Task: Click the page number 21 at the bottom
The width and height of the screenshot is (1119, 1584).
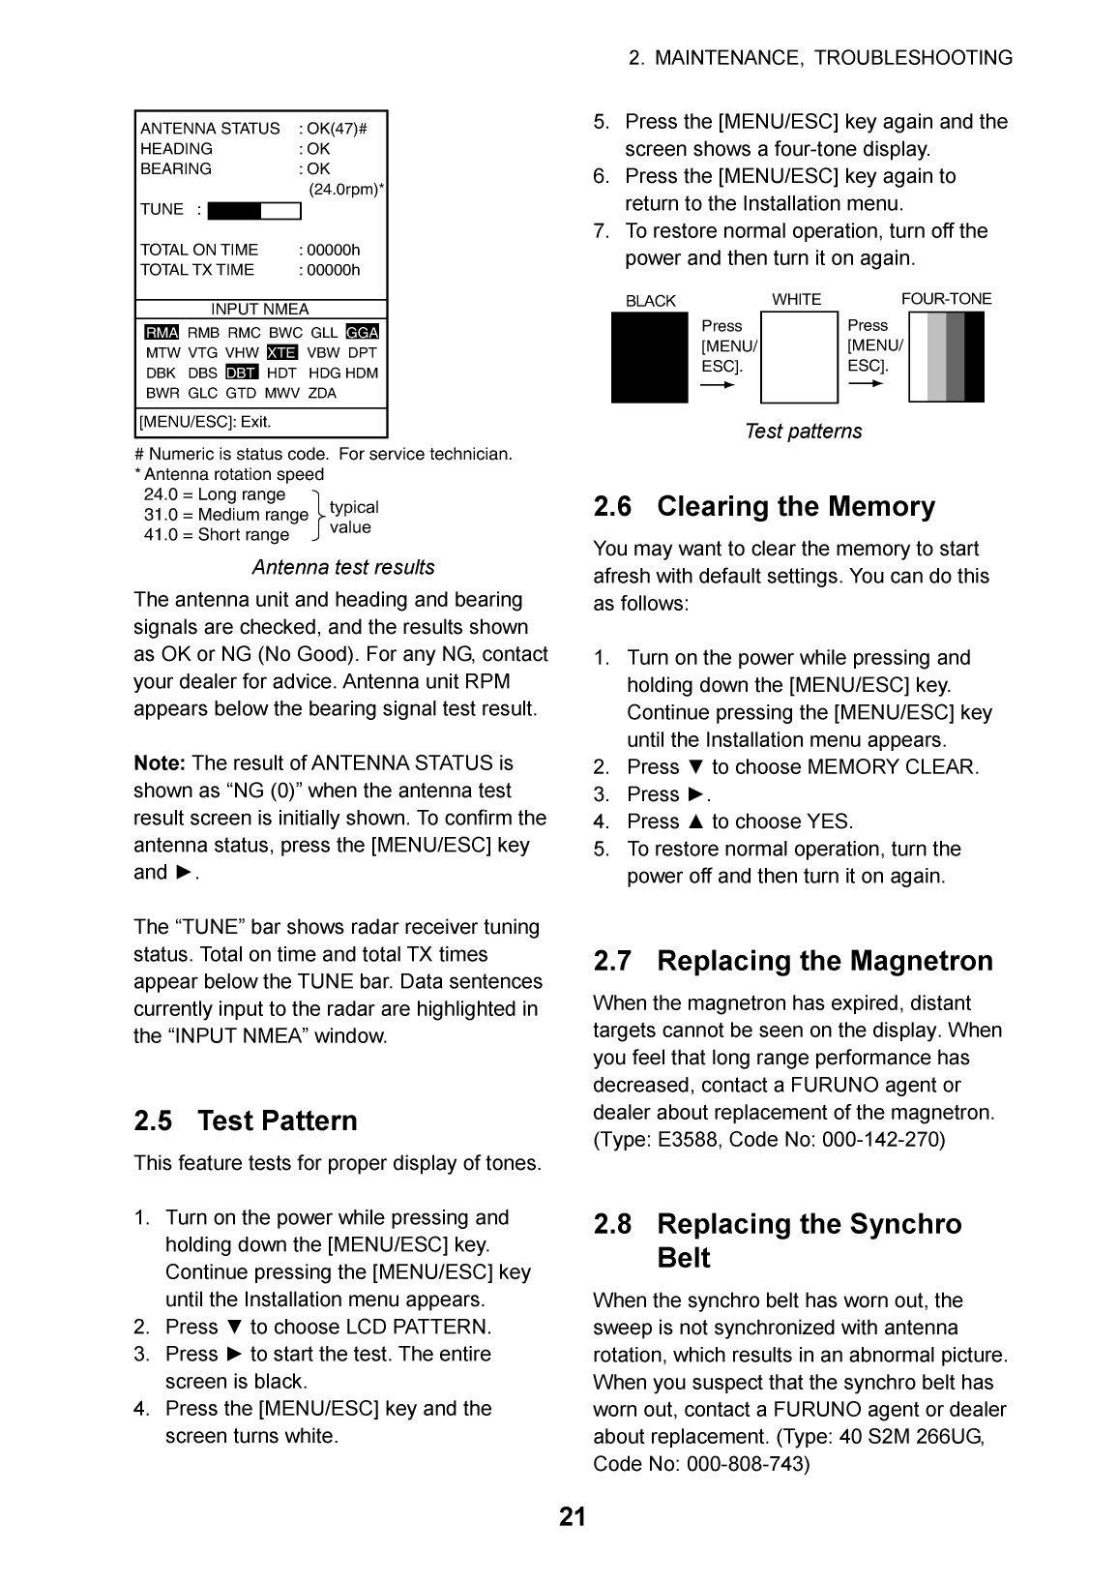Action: click(x=572, y=1517)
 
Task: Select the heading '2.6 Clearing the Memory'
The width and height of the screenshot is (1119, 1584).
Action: click(x=764, y=507)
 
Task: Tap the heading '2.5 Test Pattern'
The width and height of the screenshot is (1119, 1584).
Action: click(x=246, y=1121)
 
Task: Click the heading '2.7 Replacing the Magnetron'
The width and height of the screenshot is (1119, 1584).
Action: click(x=793, y=961)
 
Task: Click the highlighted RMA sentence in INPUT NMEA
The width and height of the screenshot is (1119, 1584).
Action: click(x=162, y=333)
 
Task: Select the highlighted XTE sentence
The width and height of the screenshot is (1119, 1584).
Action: click(x=281, y=353)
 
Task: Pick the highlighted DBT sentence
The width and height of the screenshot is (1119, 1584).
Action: click(x=242, y=374)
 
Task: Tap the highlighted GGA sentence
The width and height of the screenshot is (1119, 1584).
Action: click(x=362, y=333)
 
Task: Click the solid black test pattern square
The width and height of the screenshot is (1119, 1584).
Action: click(x=649, y=357)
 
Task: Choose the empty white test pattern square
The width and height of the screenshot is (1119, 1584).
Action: click(x=799, y=357)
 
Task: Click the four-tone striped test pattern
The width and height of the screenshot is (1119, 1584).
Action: click(x=947, y=357)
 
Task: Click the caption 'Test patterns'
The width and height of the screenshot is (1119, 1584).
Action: click(x=803, y=432)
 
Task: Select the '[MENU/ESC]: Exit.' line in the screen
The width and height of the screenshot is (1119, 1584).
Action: click(x=206, y=422)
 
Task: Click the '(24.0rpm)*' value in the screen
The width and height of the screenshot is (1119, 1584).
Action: click(x=345, y=190)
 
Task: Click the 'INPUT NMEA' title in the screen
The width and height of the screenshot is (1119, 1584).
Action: click(x=260, y=310)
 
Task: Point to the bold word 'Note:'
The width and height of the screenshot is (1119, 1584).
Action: click(x=160, y=763)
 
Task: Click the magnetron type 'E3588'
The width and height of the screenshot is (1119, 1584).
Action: click(x=688, y=1140)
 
